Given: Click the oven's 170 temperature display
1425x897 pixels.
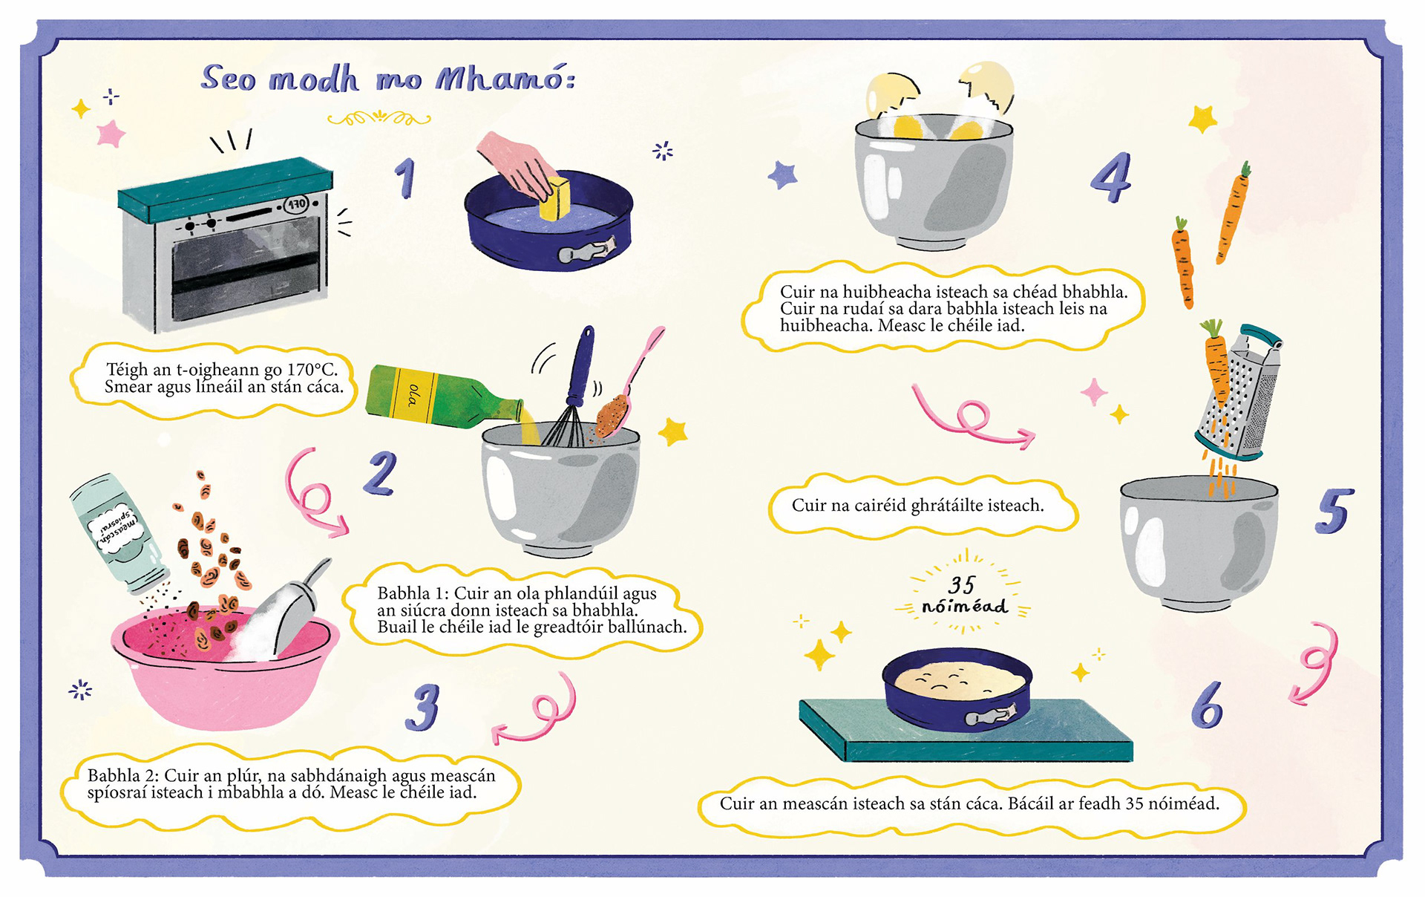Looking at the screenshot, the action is [297, 203].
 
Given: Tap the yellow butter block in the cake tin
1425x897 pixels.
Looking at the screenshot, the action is [554, 199].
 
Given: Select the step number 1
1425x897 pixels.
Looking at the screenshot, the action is [405, 178].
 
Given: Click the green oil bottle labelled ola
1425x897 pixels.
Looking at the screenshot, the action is [445, 397].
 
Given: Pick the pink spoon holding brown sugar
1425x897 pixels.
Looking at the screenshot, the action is [627, 386].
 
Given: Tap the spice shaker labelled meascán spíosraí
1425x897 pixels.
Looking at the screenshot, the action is [119, 533].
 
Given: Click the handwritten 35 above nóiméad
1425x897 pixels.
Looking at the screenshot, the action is [961, 585].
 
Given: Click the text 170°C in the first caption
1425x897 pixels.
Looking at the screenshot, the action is [312, 369].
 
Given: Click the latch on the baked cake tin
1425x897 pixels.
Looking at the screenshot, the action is [986, 717].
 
